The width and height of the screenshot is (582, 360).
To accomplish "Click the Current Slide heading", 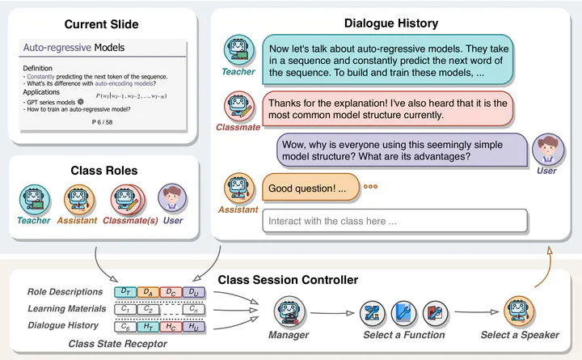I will coord(101,25).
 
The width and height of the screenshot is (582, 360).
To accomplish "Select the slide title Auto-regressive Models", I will coord(74,48).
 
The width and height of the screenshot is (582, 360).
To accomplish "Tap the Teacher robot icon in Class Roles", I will coord(34,199).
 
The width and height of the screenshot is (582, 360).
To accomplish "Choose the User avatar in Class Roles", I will coord(171,199).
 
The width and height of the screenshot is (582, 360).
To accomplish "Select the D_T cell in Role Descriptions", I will coord(125,291).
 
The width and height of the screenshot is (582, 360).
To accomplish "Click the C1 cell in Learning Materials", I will coord(125,308).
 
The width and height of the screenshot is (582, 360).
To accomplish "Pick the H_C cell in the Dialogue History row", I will coord(170,325).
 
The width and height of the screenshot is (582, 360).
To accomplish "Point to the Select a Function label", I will coord(403,334).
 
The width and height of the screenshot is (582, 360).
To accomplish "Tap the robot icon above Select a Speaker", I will coord(518,311).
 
